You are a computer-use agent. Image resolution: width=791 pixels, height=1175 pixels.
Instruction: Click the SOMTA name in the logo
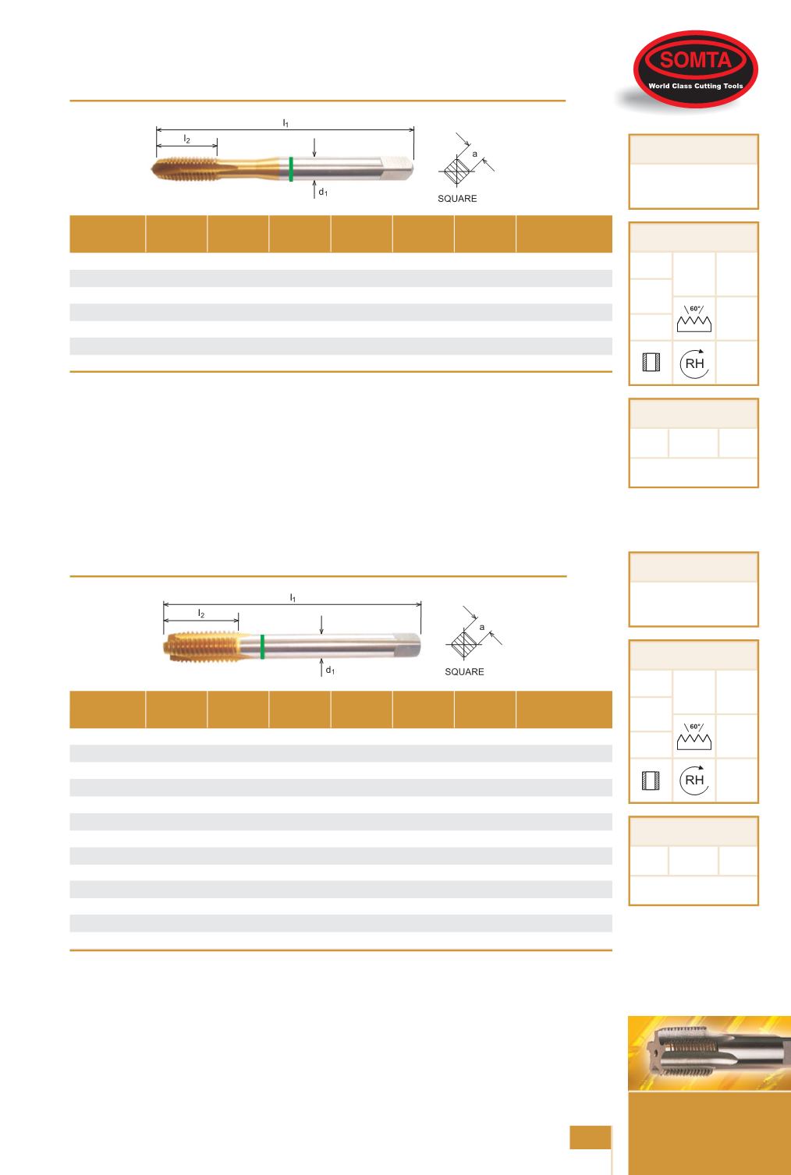click(x=696, y=60)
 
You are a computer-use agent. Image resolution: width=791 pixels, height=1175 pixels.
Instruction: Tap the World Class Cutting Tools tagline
click(x=696, y=86)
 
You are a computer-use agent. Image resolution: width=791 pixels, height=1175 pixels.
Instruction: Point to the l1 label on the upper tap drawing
click(x=286, y=122)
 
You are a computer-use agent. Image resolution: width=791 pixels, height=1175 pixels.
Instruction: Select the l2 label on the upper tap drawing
click(x=187, y=139)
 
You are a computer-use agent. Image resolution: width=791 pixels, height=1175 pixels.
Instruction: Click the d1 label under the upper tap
click(x=323, y=193)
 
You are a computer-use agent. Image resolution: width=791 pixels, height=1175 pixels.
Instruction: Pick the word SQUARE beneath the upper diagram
click(x=457, y=199)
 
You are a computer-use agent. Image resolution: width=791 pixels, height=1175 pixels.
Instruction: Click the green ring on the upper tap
click(x=291, y=169)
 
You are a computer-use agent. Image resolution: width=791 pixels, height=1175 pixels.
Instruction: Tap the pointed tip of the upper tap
click(x=151, y=169)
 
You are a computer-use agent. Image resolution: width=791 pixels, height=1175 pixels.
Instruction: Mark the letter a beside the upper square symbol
click(x=475, y=154)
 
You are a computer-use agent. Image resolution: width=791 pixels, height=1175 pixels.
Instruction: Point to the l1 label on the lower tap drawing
click(x=293, y=597)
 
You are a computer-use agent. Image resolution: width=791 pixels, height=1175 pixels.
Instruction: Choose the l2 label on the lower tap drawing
click(x=201, y=613)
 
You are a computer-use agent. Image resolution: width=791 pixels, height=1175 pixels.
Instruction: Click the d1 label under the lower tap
click(x=330, y=670)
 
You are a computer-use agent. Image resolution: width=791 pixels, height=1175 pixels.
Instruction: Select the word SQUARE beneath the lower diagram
click(x=464, y=672)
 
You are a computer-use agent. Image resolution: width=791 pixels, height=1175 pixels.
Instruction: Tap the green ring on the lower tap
click(x=262, y=646)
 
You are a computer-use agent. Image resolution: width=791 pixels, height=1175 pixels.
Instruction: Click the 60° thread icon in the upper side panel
click(x=694, y=318)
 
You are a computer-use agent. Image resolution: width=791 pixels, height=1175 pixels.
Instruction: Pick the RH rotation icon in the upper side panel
click(x=694, y=363)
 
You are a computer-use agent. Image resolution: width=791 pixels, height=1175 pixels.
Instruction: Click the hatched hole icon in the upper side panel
click(x=651, y=363)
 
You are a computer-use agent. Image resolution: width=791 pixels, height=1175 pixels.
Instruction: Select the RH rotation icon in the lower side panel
click(x=694, y=780)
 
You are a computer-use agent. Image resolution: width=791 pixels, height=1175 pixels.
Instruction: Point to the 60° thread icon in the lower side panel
click(x=694, y=736)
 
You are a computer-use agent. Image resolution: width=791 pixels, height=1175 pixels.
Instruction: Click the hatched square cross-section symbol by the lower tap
click(x=464, y=643)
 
